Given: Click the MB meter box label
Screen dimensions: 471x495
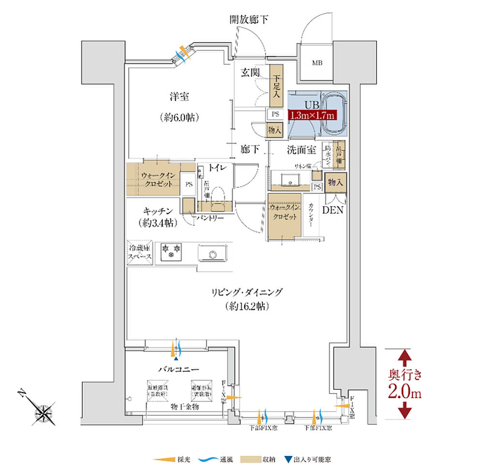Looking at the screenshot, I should point(317,63).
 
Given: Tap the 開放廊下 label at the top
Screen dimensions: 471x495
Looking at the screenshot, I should point(248,20).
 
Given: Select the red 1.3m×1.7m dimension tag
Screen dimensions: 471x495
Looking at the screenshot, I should point(312,115).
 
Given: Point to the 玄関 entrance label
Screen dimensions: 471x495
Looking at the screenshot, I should point(250,73).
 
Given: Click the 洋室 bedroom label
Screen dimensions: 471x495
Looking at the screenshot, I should point(179,97).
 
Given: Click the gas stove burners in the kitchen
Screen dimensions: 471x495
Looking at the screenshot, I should point(171,250).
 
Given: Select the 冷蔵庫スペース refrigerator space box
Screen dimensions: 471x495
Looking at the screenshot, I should point(140,252).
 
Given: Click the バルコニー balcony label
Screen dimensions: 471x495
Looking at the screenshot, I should point(179,369).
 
